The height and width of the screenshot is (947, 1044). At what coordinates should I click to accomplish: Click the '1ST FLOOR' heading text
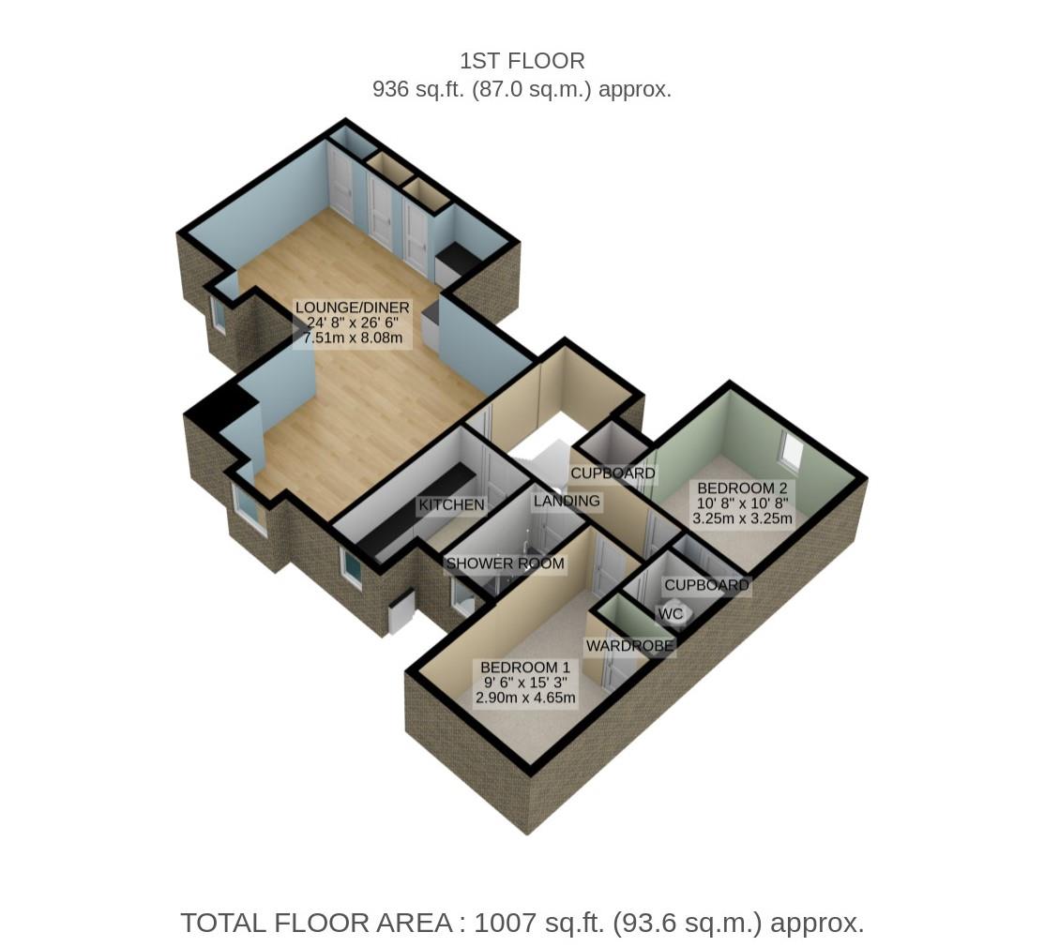click(522, 61)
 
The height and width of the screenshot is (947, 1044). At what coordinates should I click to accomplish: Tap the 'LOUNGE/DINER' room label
click(352, 308)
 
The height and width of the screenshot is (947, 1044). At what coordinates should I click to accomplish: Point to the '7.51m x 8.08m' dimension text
click(352, 338)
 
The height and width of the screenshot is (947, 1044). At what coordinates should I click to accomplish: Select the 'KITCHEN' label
click(451, 505)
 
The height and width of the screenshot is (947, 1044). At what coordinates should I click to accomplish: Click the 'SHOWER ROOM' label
click(505, 564)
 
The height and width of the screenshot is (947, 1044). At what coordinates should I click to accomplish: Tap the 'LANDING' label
click(566, 501)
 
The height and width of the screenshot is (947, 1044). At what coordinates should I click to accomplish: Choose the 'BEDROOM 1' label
click(524, 668)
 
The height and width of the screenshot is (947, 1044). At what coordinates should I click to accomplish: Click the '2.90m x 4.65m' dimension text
click(524, 698)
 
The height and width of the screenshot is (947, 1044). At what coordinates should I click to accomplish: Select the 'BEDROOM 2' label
click(741, 489)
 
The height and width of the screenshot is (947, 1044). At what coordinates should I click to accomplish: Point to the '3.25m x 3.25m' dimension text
click(741, 518)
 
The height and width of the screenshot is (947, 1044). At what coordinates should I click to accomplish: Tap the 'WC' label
click(670, 614)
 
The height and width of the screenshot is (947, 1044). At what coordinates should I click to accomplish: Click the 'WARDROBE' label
click(629, 646)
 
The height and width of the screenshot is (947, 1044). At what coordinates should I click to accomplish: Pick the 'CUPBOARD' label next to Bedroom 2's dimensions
click(613, 473)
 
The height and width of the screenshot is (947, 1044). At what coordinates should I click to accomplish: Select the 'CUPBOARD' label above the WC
click(706, 586)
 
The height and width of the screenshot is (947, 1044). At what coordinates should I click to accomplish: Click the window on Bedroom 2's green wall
click(791, 452)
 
